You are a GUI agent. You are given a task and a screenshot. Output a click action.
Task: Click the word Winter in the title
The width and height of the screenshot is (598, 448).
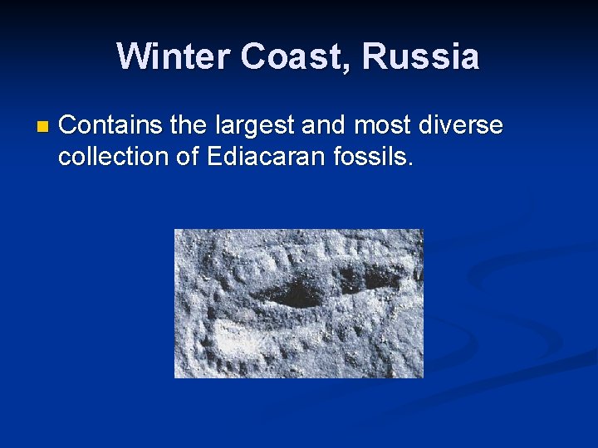[173, 57]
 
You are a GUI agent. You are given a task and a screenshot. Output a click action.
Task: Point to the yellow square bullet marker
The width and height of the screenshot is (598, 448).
[43, 128]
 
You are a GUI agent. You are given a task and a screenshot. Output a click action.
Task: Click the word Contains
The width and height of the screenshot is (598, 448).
[110, 126]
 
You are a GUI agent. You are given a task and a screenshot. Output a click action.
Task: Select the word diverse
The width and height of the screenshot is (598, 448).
[460, 126]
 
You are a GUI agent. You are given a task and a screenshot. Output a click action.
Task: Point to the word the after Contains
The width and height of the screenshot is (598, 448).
[189, 126]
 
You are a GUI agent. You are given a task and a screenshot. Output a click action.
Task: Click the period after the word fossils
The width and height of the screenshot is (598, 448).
[410, 163]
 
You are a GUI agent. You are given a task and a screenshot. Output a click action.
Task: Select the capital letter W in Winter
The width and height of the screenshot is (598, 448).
[133, 57]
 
